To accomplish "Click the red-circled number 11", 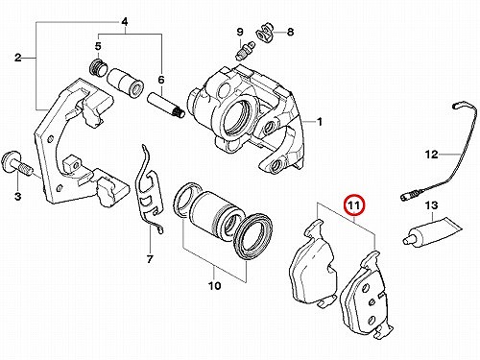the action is (354, 205).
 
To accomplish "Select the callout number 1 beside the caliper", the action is (319, 122).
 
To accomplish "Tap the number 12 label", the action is (431, 155).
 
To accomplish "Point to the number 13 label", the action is (431, 205).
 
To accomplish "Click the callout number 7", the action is (150, 259).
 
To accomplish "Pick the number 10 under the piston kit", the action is (215, 285).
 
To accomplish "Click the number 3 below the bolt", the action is (17, 196).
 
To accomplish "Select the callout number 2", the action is (18, 58).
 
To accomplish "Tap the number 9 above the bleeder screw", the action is (240, 32).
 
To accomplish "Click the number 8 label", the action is (290, 32).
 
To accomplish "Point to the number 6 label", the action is (161, 80).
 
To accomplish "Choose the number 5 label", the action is (98, 46).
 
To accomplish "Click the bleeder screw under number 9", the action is (245, 51).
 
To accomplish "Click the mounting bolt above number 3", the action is (16, 164).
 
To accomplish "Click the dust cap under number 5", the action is (97, 68).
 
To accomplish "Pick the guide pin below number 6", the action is (166, 106).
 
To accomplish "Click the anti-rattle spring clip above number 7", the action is (150, 189).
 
